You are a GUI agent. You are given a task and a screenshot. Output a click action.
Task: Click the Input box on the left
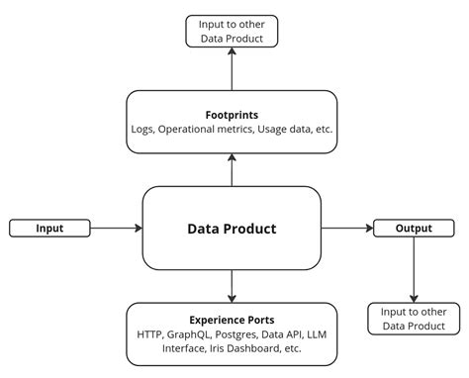49,229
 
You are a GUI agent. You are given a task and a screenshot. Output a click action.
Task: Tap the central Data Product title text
232,229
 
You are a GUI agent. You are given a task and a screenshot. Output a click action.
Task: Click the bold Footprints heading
232,115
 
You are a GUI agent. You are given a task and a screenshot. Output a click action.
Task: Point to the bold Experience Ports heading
232,320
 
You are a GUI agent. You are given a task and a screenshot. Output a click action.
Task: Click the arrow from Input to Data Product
117,229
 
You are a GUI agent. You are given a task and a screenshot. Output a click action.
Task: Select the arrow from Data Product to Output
346,229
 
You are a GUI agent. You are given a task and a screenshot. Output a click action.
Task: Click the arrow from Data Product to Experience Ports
232,287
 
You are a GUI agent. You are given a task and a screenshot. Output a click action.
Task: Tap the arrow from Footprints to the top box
232,69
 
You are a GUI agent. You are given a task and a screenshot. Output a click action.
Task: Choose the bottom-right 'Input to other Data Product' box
414,319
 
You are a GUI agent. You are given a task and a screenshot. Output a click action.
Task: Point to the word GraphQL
195,334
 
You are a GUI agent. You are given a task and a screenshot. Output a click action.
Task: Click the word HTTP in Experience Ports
151,334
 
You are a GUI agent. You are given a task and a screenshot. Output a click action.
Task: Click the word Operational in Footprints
191,130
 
